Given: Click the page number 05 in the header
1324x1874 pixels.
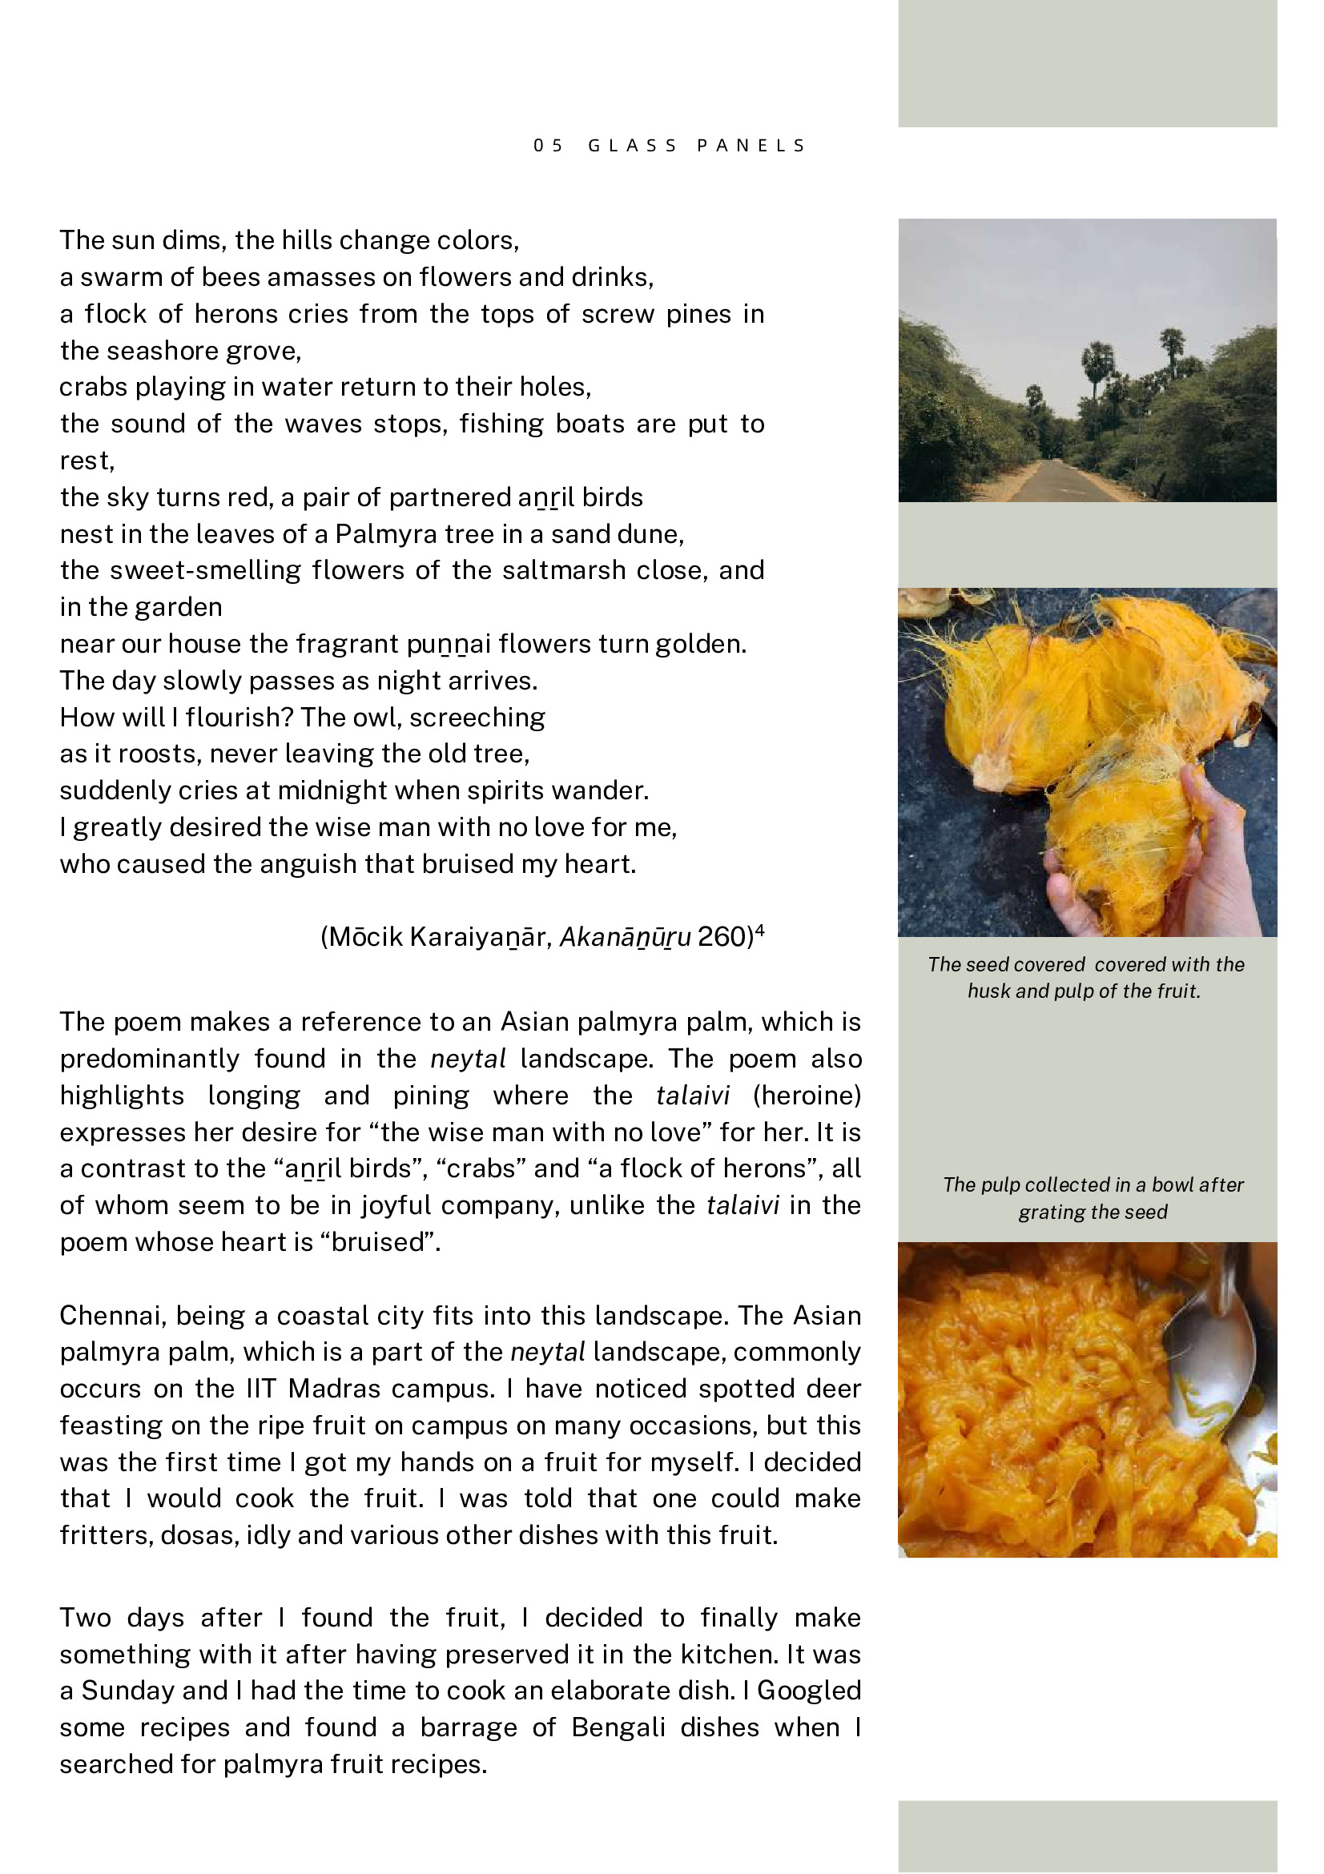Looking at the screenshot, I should pyautogui.click(x=548, y=145).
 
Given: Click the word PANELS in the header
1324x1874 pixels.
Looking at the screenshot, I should pyautogui.click(x=751, y=145).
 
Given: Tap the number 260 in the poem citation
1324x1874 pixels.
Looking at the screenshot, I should pyautogui.click(x=721, y=936).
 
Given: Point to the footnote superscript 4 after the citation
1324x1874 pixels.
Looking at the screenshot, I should pyautogui.click(x=760, y=930).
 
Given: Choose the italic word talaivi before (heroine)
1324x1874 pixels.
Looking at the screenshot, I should pyautogui.click(x=692, y=1095).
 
